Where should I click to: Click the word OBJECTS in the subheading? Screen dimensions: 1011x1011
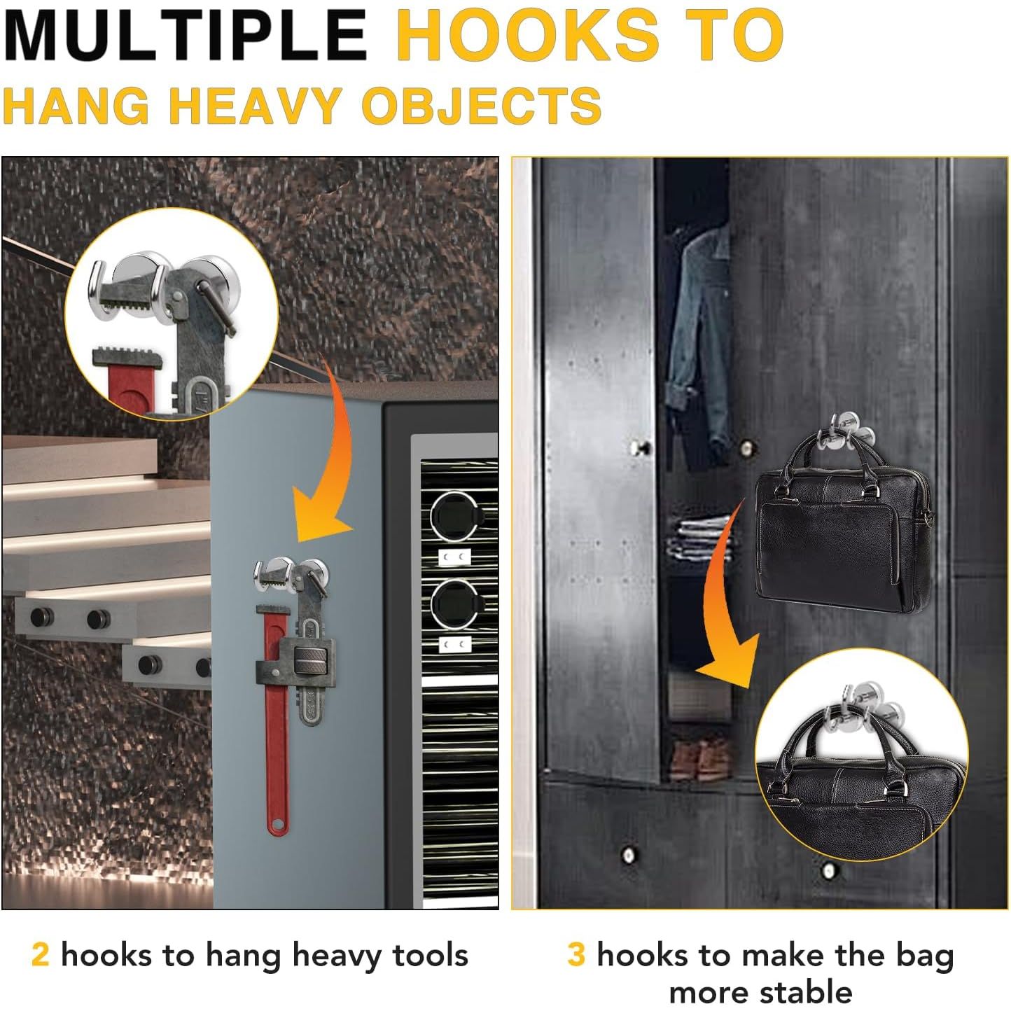pyautogui.click(x=481, y=106)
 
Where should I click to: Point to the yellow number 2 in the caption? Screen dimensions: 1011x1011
pyautogui.click(x=41, y=954)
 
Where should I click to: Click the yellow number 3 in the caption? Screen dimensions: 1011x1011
pyautogui.click(x=576, y=954)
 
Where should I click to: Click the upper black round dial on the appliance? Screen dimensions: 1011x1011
pyautogui.click(x=454, y=516)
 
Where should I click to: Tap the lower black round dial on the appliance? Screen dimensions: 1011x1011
pyautogui.click(x=454, y=604)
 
